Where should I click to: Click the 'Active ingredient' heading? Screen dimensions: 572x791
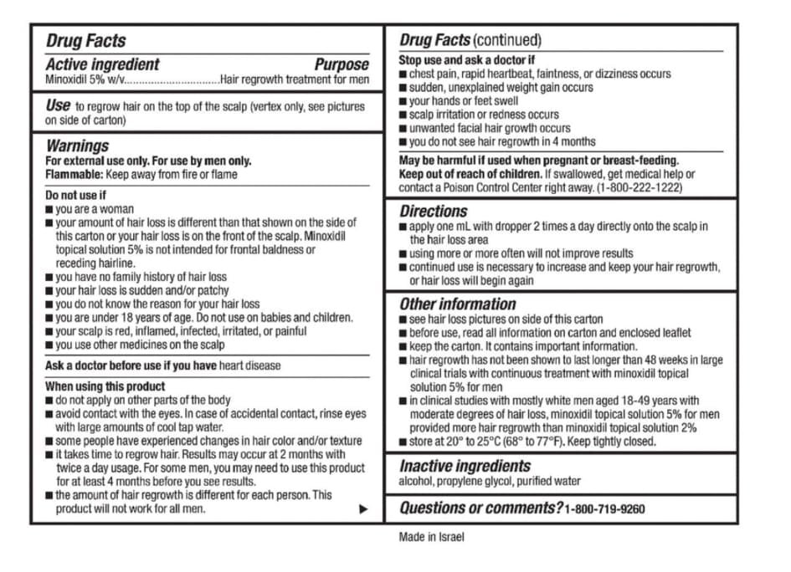(x=102, y=64)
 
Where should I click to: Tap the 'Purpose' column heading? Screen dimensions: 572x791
(x=341, y=64)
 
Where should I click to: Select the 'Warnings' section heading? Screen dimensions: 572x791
(x=77, y=146)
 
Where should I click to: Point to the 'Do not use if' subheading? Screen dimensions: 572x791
(x=75, y=196)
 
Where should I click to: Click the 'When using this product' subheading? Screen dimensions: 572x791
(x=105, y=386)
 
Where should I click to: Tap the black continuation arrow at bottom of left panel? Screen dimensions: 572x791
(x=362, y=508)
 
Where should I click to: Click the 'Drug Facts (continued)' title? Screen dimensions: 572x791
(x=470, y=40)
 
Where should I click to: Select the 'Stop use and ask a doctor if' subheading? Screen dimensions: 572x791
(x=466, y=60)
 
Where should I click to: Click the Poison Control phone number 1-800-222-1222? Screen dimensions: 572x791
(x=639, y=188)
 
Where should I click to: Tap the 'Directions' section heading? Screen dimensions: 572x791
(x=433, y=211)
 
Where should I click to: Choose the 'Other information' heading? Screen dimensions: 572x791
(x=457, y=304)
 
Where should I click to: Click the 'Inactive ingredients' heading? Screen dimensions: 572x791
(x=465, y=466)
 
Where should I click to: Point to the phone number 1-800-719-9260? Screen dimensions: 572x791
(x=604, y=509)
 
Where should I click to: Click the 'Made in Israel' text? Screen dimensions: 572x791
(x=431, y=537)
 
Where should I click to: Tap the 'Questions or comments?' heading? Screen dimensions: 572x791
(x=480, y=508)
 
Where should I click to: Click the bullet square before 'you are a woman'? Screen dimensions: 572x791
(x=49, y=210)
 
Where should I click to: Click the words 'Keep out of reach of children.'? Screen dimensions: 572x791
(x=470, y=175)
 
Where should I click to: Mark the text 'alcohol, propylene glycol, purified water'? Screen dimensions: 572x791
(x=489, y=482)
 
